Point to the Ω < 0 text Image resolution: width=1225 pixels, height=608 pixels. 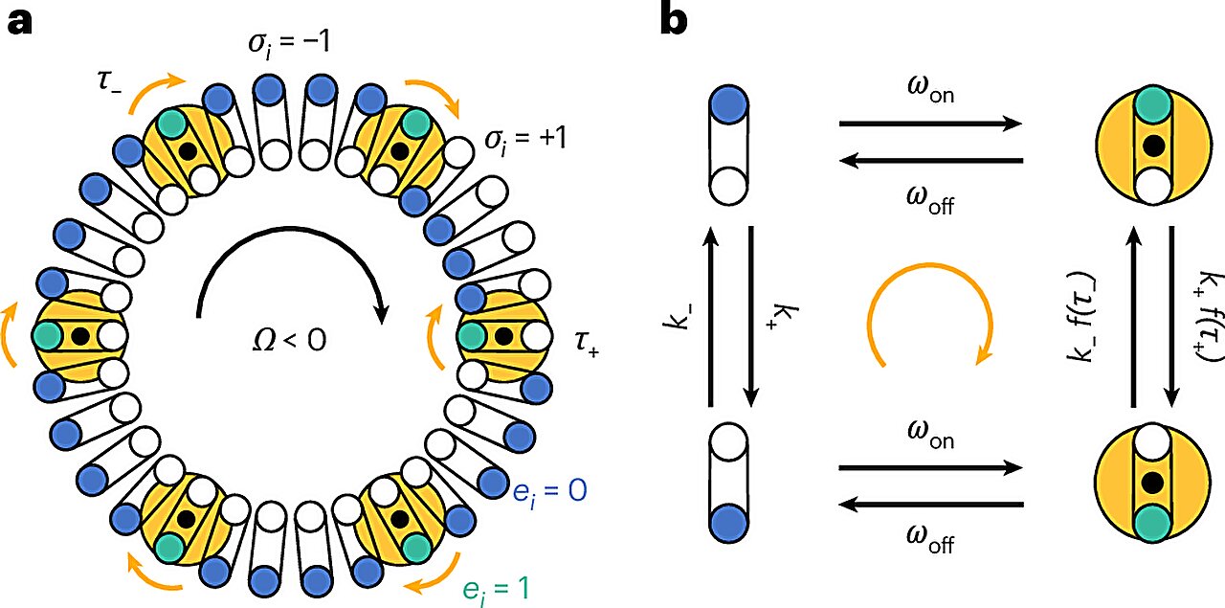(290, 338)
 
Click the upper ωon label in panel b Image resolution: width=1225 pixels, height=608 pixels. (928, 95)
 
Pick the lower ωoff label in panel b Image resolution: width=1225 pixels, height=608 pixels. (928, 545)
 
